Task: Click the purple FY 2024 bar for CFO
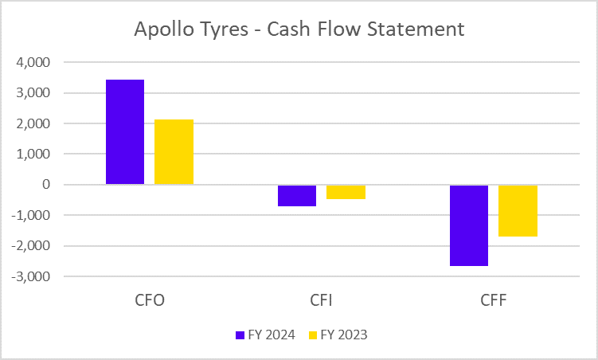(125, 132)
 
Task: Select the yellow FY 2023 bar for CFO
(174, 152)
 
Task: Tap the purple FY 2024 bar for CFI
(297, 195)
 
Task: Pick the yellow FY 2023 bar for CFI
(346, 192)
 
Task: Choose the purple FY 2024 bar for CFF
(469, 225)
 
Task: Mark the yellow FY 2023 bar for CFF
(518, 210)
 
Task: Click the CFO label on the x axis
(150, 302)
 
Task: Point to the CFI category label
(322, 302)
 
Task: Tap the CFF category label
(493, 302)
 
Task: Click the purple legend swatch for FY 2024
(239, 335)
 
